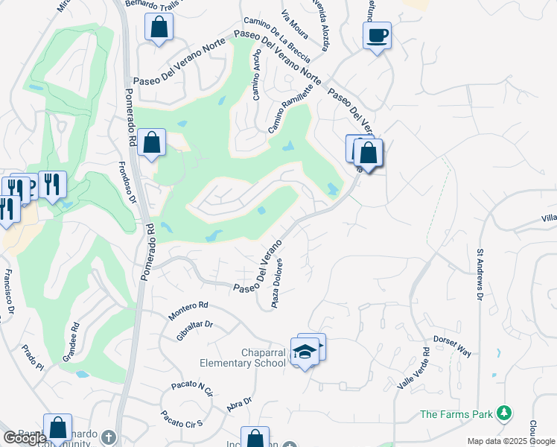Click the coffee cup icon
click(378, 35)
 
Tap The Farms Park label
click(457, 414)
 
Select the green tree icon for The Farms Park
click(504, 413)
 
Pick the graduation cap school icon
click(305, 351)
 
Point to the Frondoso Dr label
click(128, 183)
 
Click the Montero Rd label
click(188, 311)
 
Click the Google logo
click(25, 437)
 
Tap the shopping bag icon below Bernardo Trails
click(159, 29)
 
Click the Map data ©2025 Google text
click(511, 441)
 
